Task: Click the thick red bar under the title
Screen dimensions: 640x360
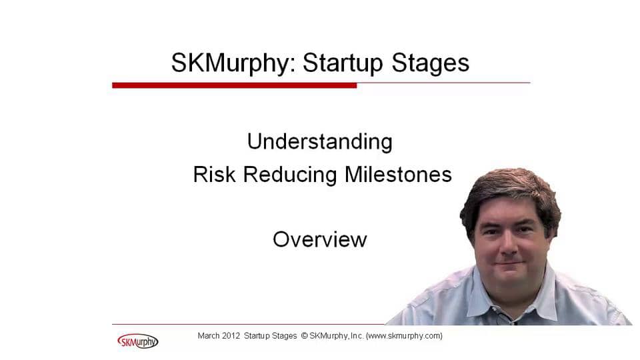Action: (x=234, y=85)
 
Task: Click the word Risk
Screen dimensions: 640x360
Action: (x=214, y=174)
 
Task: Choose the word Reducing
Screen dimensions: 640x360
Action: (x=290, y=175)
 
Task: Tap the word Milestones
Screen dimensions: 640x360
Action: (x=398, y=174)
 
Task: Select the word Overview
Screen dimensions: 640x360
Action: (x=319, y=239)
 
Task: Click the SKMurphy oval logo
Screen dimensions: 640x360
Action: (x=137, y=341)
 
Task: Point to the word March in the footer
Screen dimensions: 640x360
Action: (x=209, y=335)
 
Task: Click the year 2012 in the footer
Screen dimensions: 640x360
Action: (x=231, y=335)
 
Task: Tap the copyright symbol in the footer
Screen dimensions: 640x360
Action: (x=304, y=335)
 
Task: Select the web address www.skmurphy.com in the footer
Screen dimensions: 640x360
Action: (x=404, y=336)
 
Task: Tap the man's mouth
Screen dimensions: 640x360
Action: (x=509, y=264)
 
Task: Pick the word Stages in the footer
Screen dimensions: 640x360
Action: (x=285, y=336)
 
